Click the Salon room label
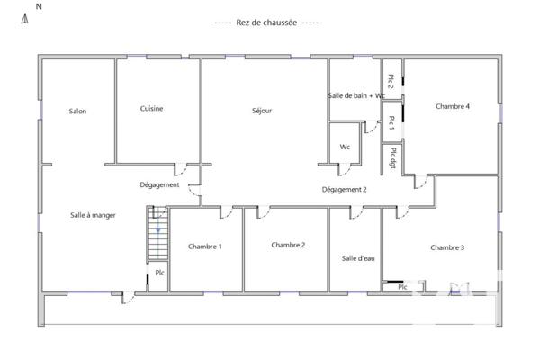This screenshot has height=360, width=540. tap(77, 112)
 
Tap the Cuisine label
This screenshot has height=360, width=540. tap(151, 109)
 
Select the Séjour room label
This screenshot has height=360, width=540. tap(262, 112)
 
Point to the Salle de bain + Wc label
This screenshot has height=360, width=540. tap(356, 95)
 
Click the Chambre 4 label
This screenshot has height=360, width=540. tap(453, 106)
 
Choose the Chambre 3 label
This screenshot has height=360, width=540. tap(447, 247)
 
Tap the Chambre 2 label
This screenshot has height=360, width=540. tap(288, 245)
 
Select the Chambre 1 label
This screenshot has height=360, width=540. tap(205, 247)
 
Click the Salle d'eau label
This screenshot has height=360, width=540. tap(357, 258)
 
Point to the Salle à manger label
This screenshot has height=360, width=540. tap(94, 215)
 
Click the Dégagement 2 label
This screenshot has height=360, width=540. tap(345, 190)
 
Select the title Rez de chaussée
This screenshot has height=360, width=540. tap(266, 22)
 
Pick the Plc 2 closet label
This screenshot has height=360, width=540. tap(391, 80)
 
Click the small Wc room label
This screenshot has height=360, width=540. tap(345, 147)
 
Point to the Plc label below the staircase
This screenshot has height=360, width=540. tap(159, 273)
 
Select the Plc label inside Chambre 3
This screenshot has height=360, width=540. tap(402, 287)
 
